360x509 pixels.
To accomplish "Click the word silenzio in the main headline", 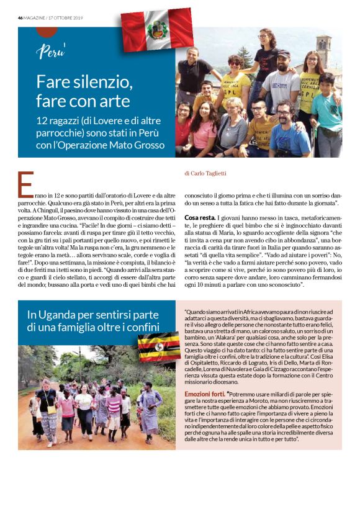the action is pos(101,81).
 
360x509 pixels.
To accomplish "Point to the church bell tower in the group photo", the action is pos(323,52).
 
